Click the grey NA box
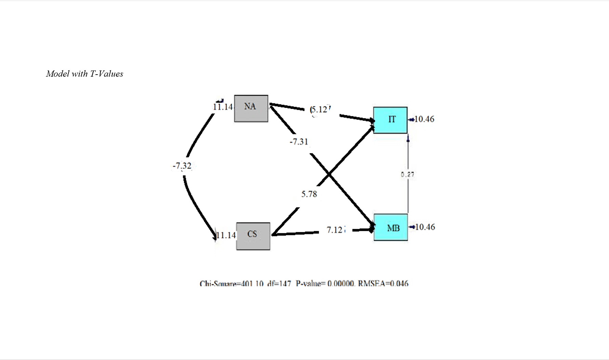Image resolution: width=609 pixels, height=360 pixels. (x=251, y=108)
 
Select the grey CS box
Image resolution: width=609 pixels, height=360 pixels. (x=253, y=236)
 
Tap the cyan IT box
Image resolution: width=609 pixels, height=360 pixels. (x=390, y=120)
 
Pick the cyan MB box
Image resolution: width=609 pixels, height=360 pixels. (x=391, y=227)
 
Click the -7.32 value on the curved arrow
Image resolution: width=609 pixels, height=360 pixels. (x=182, y=166)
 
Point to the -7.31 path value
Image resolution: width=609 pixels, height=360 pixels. (x=299, y=142)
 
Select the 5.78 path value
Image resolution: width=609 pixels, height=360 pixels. (x=309, y=194)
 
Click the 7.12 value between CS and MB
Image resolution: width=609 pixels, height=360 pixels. (x=335, y=230)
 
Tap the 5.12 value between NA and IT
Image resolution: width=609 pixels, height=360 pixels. (x=320, y=110)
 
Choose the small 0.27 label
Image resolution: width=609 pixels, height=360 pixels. (x=407, y=175)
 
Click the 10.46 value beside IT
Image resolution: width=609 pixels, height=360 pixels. (x=424, y=119)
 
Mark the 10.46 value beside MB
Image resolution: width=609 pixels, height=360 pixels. (x=425, y=227)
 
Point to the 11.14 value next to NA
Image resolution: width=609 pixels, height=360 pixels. (x=222, y=107)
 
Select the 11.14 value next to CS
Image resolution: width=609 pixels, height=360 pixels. (x=226, y=235)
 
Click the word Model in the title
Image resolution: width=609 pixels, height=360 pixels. (x=57, y=74)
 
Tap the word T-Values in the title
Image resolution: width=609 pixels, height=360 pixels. (x=106, y=74)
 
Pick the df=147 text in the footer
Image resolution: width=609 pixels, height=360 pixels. (x=279, y=284)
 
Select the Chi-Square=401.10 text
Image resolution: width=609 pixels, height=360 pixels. (x=232, y=284)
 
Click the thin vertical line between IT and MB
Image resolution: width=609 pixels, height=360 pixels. (x=408, y=195)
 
